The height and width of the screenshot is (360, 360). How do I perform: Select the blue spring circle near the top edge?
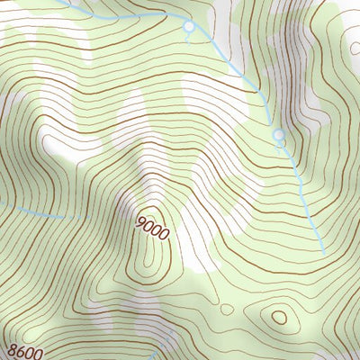pyautogui.click(x=188, y=28)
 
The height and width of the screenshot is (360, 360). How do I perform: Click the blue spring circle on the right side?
pyautogui.click(x=279, y=136)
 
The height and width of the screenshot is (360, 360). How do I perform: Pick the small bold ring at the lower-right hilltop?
pyautogui.click(x=279, y=317)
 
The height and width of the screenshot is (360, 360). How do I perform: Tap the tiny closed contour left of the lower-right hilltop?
pyautogui.click(x=227, y=309)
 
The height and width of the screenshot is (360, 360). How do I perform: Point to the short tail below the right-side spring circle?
pyautogui.click(x=281, y=146)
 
